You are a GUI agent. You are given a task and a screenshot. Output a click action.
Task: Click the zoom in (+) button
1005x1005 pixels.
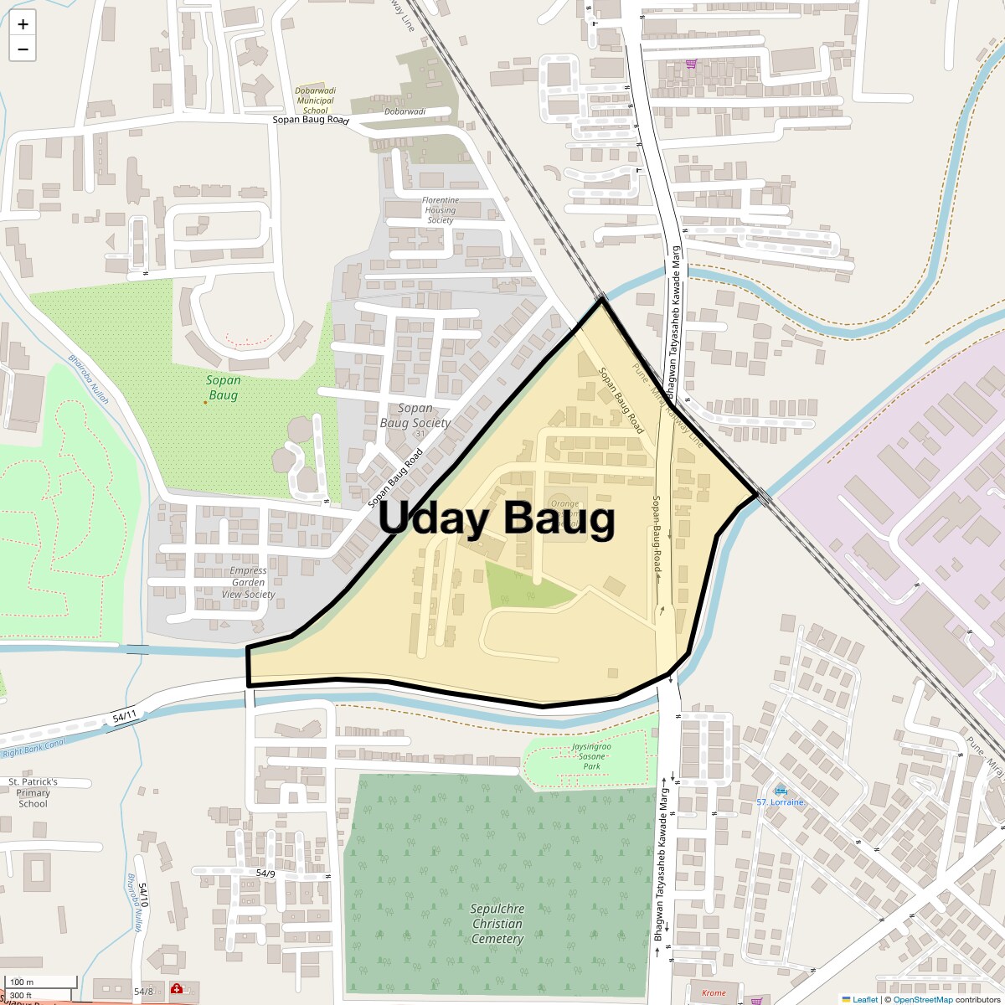[23, 24]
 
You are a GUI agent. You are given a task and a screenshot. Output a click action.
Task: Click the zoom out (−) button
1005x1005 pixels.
[23, 49]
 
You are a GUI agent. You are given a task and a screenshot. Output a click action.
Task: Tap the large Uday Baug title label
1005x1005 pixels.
[497, 518]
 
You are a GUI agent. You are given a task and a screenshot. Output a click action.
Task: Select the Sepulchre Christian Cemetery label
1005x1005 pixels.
[497, 924]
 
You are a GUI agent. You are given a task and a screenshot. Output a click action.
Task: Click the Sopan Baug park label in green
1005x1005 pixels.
[224, 387]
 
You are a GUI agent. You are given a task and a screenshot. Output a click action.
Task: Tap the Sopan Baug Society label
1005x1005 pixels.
[415, 415]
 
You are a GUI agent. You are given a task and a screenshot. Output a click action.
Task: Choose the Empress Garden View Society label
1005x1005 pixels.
[248, 582]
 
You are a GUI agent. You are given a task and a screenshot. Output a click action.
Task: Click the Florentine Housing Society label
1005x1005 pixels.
[441, 210]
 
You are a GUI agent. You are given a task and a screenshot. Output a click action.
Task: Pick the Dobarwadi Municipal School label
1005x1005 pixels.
[315, 100]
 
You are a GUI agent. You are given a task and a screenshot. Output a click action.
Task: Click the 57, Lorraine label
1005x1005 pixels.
[780, 802]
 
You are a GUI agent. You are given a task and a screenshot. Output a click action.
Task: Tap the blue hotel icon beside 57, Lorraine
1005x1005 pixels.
[781, 791]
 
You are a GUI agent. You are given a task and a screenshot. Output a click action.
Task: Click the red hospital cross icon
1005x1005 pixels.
[177, 989]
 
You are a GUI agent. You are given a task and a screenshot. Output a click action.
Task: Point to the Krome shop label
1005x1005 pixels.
[714, 992]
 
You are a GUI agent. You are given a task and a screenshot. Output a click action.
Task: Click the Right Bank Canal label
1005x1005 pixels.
[33, 753]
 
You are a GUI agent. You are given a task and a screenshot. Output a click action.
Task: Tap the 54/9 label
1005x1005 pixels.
[265, 874]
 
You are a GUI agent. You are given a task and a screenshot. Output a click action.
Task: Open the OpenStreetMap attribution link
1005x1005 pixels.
[922, 999]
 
